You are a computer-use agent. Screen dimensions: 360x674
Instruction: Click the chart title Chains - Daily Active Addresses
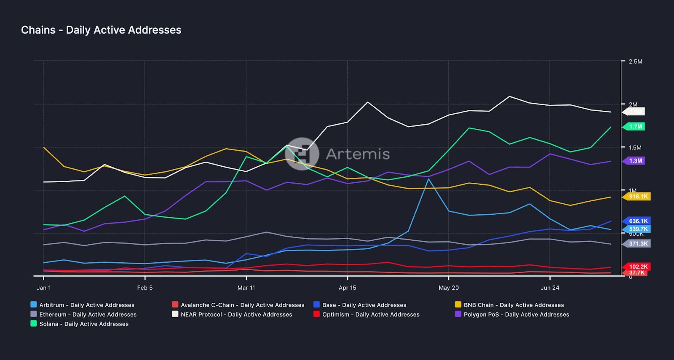[x=101, y=30]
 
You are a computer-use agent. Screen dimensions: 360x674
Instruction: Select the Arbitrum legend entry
[x=83, y=305]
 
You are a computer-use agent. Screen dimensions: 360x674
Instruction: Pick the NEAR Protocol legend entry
[x=232, y=315]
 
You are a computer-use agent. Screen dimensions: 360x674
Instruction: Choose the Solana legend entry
[x=80, y=324]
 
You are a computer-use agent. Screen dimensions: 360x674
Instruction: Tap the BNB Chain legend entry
[x=509, y=305]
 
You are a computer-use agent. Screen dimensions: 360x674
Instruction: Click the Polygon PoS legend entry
[x=512, y=315]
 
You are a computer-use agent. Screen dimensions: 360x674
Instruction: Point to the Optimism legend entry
[x=366, y=315]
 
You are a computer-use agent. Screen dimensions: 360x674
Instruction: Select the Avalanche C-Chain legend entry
[x=238, y=305]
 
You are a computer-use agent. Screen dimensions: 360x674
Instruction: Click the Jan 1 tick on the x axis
[x=44, y=288]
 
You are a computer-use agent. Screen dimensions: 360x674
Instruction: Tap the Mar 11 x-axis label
[x=246, y=288]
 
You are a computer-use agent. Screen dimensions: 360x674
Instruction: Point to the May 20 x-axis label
[x=449, y=288]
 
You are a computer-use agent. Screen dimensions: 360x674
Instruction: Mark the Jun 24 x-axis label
[x=550, y=288]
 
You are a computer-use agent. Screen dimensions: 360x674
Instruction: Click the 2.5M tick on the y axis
[x=635, y=61]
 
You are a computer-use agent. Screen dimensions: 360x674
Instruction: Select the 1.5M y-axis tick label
[x=635, y=148]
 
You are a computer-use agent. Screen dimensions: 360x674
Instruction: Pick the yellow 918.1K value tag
[x=638, y=197]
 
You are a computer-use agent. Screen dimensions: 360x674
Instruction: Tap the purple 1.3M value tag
[x=635, y=161]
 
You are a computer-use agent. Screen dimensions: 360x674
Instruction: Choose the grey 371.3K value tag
[x=638, y=244]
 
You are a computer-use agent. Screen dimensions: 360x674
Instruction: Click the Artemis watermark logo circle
[x=302, y=154]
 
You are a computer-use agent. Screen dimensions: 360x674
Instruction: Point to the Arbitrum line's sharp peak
[x=428, y=179]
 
